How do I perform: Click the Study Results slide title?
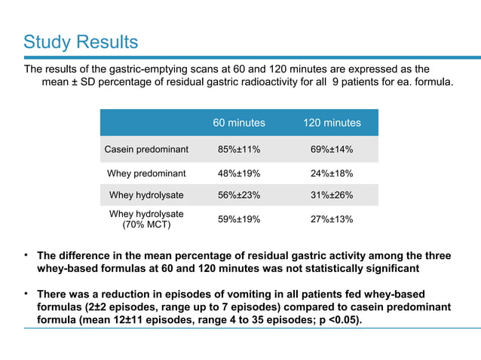tap(81, 42)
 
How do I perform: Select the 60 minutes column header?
tap(239, 123)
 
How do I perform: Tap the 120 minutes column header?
tap(332, 123)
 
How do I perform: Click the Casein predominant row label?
tap(146, 150)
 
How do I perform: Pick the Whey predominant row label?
tap(146, 173)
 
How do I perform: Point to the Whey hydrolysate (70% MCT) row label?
tap(146, 219)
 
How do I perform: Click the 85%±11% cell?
tap(239, 150)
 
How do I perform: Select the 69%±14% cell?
tap(332, 150)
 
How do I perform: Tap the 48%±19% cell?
tap(239, 173)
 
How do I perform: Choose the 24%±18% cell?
tap(332, 173)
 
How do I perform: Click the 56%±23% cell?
tap(239, 195)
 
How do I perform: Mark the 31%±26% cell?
tap(332, 195)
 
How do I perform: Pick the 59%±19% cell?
tap(239, 219)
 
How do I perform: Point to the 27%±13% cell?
tap(332, 219)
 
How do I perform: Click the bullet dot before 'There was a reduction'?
tap(26, 294)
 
